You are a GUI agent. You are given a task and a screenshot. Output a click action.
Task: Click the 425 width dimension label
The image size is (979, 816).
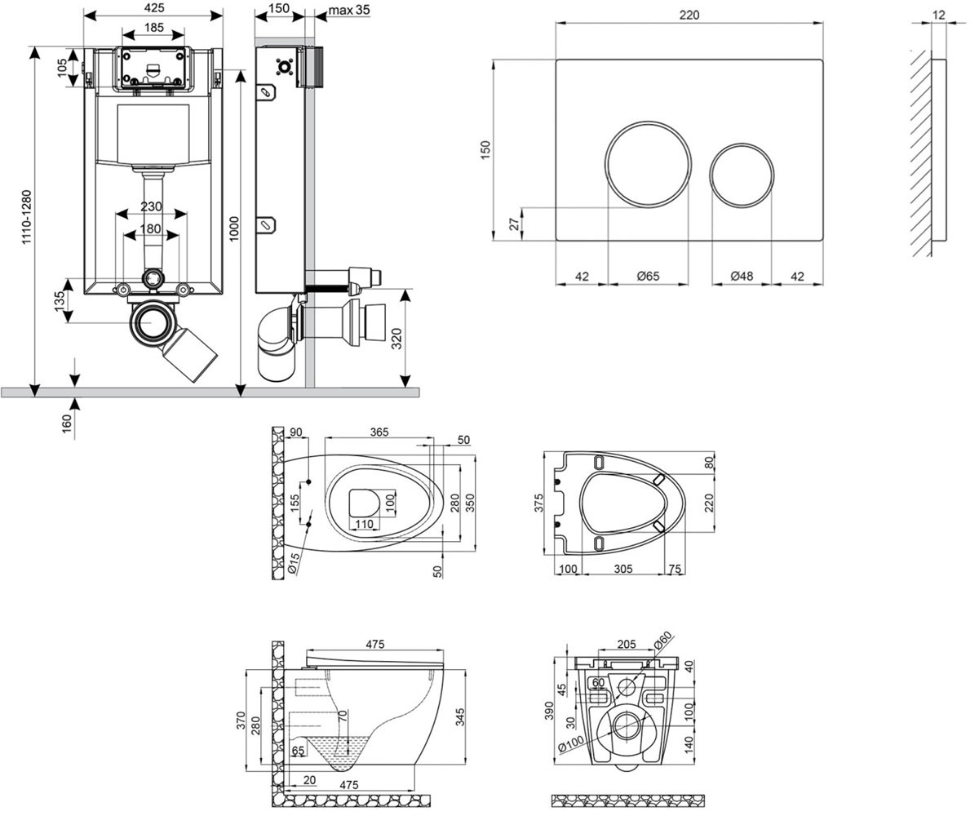(154, 8)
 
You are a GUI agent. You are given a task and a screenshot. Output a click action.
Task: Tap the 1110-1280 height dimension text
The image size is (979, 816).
(26, 217)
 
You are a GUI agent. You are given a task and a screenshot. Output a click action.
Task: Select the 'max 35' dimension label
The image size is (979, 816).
(349, 9)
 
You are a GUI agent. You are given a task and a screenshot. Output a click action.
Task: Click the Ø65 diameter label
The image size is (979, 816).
(648, 277)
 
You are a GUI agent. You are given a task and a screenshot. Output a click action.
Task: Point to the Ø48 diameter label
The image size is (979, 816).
(742, 276)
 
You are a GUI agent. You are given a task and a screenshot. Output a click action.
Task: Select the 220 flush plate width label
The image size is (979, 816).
(689, 15)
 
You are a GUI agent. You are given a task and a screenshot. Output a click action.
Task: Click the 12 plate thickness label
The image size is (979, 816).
(939, 15)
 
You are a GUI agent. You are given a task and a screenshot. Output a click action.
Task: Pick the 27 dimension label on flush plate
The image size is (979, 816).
(515, 224)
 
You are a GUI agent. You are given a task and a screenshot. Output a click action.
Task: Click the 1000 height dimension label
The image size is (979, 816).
(234, 228)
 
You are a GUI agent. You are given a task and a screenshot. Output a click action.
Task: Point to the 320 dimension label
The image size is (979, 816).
(396, 339)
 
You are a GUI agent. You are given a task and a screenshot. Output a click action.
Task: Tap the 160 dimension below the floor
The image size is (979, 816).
(67, 424)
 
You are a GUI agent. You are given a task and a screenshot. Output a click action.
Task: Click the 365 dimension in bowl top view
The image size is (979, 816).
(379, 432)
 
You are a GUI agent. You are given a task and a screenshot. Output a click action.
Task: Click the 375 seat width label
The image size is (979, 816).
(538, 503)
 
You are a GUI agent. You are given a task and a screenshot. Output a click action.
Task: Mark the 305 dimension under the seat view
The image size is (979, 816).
(623, 569)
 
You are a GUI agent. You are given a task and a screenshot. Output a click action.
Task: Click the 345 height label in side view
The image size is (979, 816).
(460, 717)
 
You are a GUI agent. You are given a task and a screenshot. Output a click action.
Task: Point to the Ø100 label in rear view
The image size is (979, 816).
(572, 744)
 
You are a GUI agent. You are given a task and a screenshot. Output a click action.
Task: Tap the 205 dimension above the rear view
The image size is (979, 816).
(627, 645)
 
